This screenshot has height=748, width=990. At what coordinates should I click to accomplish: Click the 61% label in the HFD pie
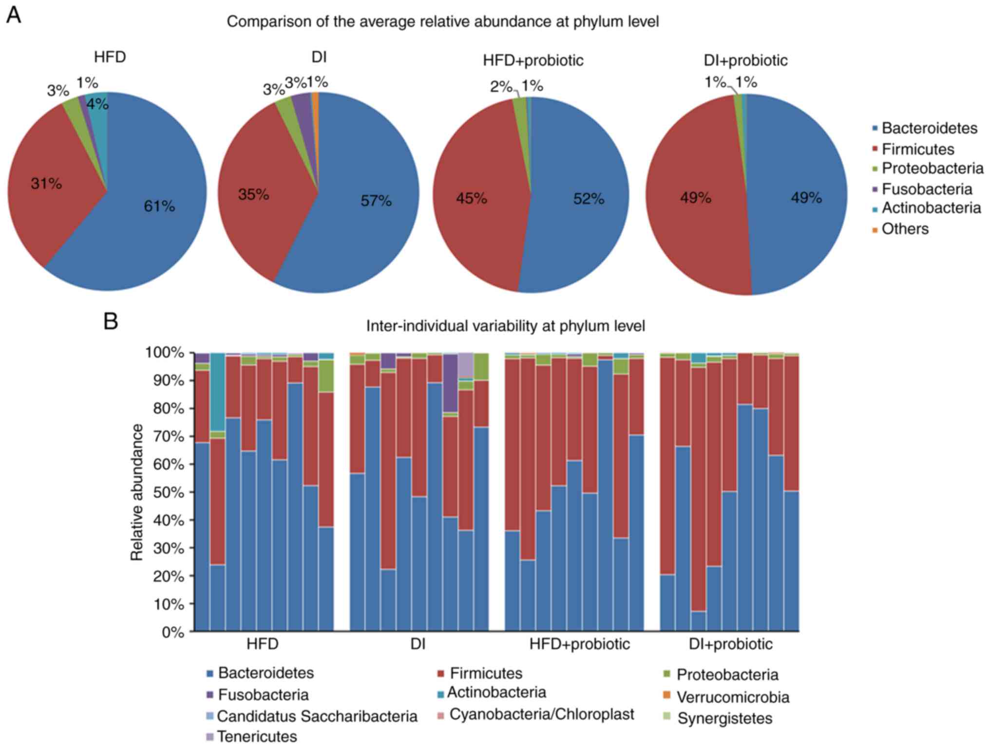coord(159,206)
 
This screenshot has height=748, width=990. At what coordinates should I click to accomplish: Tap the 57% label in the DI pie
coord(376,201)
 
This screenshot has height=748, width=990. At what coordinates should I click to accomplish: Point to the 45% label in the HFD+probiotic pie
coord(471,198)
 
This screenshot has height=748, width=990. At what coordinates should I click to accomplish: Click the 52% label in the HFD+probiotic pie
coord(589,199)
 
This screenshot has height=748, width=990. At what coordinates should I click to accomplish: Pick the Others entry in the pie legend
coord(905,229)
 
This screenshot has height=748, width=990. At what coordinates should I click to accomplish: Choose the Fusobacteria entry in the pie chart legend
coord(926,189)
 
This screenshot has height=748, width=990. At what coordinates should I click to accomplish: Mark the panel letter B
coord(111,321)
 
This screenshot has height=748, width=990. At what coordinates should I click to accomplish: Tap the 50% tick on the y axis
coord(165,492)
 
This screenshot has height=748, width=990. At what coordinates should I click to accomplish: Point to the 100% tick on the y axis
coord(163,353)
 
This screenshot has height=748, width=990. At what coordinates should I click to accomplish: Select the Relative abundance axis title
coord(137,492)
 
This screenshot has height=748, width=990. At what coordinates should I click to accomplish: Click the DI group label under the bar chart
coord(418,644)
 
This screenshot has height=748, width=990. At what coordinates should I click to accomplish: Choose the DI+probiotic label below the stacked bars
coord(730,644)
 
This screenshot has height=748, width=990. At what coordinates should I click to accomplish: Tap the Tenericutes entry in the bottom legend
coord(256,736)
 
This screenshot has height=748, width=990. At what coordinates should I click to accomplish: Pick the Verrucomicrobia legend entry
coord(732,697)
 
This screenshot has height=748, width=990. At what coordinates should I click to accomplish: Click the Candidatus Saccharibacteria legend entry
coord(317,716)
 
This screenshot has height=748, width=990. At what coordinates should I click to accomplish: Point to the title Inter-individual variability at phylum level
coord(505,326)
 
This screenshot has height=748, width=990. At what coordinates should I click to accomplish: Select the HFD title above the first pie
coord(110,57)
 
